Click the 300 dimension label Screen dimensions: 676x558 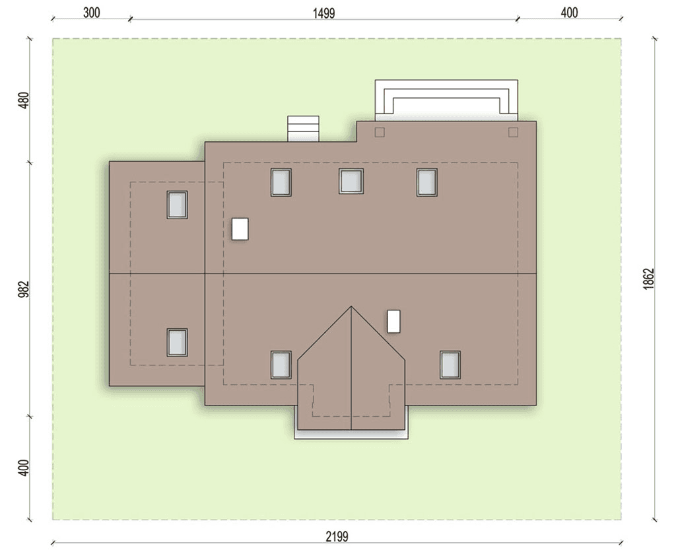pyautogui.click(x=91, y=13)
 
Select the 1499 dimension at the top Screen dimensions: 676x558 pyautogui.click(x=323, y=13)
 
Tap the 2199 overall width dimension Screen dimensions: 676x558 pyautogui.click(x=337, y=536)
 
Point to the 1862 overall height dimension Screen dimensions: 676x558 pyautogui.click(x=648, y=279)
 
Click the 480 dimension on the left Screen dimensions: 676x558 pyautogui.click(x=24, y=100)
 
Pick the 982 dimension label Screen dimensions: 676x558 pyautogui.click(x=24, y=289)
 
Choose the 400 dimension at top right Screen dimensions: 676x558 pyautogui.click(x=569, y=13)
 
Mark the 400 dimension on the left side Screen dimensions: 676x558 pyautogui.click(x=24, y=468)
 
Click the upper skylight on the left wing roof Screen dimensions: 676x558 pyautogui.click(x=177, y=205)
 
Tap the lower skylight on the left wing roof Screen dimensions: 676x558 pyautogui.click(x=177, y=342)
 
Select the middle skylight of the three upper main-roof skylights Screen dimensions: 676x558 pyautogui.click(x=351, y=181)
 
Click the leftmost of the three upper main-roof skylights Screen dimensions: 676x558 pyautogui.click(x=281, y=182)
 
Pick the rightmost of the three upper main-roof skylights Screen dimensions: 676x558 pyautogui.click(x=427, y=182)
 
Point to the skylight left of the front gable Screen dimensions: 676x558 pyautogui.click(x=281, y=365)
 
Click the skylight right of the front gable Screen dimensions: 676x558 pyautogui.click(x=450, y=365)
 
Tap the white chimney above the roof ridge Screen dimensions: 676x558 pyautogui.click(x=240, y=229)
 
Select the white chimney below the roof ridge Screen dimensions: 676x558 pyautogui.click(x=393, y=321)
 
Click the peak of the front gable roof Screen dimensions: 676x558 pyautogui.click(x=351, y=306)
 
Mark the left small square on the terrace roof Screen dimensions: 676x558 pyautogui.click(x=380, y=132)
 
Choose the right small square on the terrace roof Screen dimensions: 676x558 pyautogui.click(x=513, y=132)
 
